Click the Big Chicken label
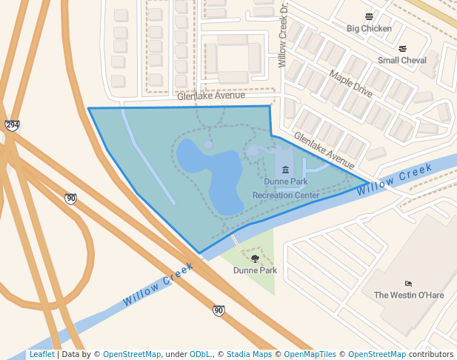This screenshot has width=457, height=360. tap(369, 29)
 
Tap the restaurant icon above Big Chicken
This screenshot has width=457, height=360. tap(369, 16)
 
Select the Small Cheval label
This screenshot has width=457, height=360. tap(402, 61)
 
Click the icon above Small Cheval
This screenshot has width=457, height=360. tap(402, 49)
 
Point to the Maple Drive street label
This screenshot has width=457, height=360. tap(351, 84)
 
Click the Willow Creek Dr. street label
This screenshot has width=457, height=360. tap(282, 35)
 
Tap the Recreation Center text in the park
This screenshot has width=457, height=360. tap(286, 196)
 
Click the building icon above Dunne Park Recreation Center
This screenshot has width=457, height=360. tap(286, 170)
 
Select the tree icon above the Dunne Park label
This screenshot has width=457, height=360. tap(256, 259)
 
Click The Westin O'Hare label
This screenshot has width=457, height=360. tap(408, 295)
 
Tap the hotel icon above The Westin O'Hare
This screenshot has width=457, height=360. tap(408, 283)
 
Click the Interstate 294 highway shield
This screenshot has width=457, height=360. tap(12, 125)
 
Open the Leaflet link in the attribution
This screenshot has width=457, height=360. tap(41, 355)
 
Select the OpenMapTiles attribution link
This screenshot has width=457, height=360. tap(310, 355)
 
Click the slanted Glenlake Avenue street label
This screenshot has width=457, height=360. tap(324, 150)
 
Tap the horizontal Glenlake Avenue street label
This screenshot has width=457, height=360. tap(210, 96)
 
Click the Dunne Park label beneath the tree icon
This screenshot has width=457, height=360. tap(256, 270)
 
